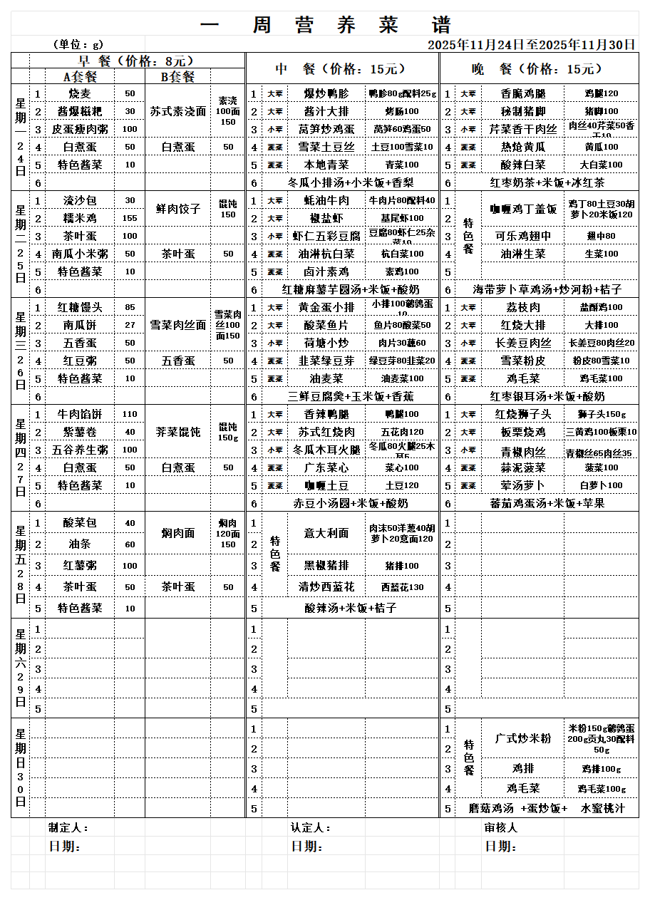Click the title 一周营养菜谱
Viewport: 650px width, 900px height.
[326, 25]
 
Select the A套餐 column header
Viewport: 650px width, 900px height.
[80, 77]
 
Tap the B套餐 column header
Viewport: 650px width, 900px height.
[177, 77]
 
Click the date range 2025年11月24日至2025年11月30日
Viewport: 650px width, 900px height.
[531, 45]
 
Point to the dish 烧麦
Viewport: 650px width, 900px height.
[80, 93]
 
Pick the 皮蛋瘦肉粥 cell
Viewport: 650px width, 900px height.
[80, 129]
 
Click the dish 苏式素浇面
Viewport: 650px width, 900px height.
[177, 111]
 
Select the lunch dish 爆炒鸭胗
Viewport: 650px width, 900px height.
[326, 93]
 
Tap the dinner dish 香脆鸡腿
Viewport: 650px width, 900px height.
[523, 93]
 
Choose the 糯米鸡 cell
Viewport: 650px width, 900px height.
[80, 218]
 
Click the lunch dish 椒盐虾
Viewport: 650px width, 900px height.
[326, 218]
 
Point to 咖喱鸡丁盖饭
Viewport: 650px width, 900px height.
[523, 209]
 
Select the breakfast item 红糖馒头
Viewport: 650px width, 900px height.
[80, 307]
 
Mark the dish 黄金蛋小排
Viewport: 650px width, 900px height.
[326, 307]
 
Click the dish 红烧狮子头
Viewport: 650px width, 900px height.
[523, 414]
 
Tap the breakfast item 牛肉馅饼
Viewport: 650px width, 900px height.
[80, 414]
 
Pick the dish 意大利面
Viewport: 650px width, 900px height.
[326, 533]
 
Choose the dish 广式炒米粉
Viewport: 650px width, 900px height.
[523, 738]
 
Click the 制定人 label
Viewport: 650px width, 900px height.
[68, 828]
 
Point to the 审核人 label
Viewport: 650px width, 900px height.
[501, 828]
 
